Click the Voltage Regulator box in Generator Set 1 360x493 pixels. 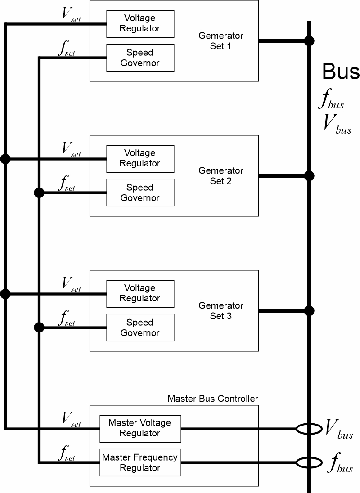140,24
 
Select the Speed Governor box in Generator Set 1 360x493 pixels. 140,58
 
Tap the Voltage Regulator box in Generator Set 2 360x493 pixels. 140,159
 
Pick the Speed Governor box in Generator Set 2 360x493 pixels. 140,193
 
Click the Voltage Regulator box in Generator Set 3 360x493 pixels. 140,294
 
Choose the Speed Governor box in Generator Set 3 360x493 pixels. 140,327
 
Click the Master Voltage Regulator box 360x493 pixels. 140,428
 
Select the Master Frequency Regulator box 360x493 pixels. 140,462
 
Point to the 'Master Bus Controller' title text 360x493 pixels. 213,399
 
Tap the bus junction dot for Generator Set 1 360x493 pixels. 309,41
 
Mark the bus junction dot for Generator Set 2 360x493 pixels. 309,175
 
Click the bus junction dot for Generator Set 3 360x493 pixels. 309,310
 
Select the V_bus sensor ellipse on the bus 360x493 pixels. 309,429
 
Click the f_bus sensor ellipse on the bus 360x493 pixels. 309,462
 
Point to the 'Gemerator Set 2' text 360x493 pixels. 220,175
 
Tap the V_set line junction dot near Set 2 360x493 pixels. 5,159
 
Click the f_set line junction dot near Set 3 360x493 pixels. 39,327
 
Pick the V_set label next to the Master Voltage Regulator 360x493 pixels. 71,419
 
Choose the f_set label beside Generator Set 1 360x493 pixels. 67,49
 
